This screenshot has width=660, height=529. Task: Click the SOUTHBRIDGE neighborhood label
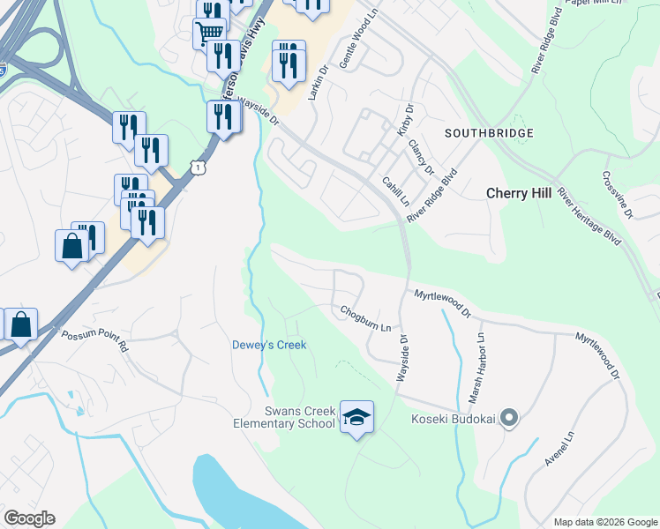click(489, 133)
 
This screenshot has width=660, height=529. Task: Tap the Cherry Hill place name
click(519, 192)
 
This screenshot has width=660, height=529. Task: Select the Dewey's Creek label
click(269, 345)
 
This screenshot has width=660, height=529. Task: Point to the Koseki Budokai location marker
click(508, 419)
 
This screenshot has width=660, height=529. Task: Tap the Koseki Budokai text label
click(453, 419)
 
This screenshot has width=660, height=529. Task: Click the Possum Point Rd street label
click(94, 340)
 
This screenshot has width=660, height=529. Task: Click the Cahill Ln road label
click(395, 191)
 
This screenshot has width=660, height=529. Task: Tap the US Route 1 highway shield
click(201, 167)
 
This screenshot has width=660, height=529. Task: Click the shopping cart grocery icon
click(209, 34)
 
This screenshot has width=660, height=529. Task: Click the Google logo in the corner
click(29, 518)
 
